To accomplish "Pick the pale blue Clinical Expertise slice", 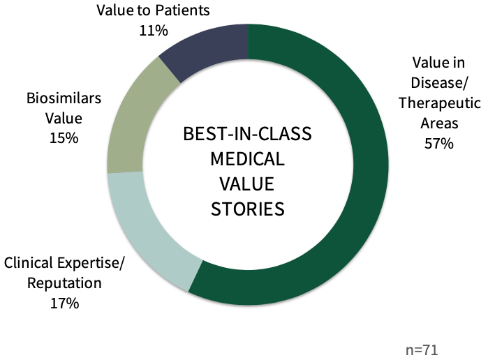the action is (147, 230).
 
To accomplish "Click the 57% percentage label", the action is (439, 144).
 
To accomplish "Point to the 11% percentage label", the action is (154, 31).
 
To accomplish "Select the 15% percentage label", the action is (64, 138).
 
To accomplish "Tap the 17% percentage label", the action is (65, 303).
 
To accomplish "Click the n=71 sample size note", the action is (422, 350).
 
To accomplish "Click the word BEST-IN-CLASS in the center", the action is (247, 134).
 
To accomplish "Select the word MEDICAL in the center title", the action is (248, 158).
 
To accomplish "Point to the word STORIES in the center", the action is (248, 209).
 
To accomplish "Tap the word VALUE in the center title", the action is (247, 183).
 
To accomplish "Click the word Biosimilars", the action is (64, 98).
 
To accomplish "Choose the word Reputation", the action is (64, 283).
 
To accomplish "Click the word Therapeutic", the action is (440, 103).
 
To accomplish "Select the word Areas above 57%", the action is (439, 123).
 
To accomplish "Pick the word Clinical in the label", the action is (29, 263).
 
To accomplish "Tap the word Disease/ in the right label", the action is (439, 83).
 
